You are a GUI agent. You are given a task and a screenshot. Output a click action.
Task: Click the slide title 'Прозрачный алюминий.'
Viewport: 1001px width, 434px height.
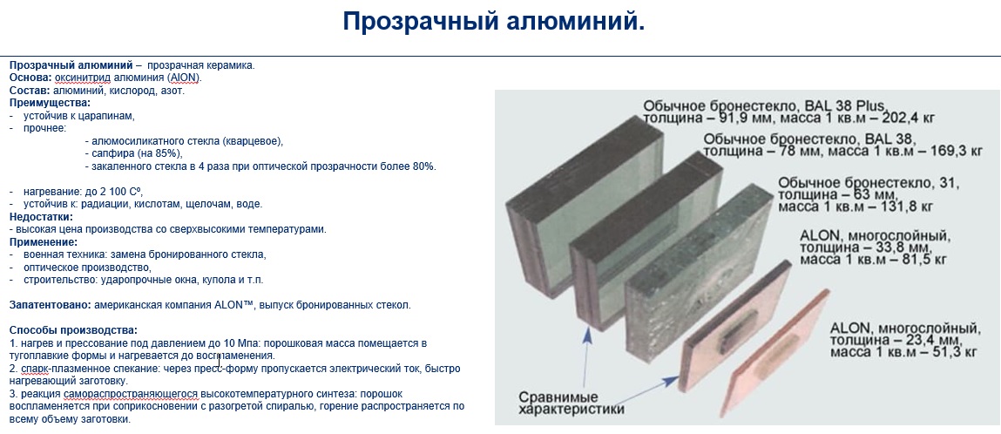coord(493,23)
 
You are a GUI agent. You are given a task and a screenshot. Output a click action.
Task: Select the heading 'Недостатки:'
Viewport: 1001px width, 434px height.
coord(41,217)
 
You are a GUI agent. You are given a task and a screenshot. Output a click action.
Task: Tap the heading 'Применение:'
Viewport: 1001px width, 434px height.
coord(44,242)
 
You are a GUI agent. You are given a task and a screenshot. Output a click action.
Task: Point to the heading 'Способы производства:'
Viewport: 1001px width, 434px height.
coord(73,330)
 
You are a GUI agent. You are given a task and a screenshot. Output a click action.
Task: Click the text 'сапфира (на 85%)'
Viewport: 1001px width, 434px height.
coord(133,153)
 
